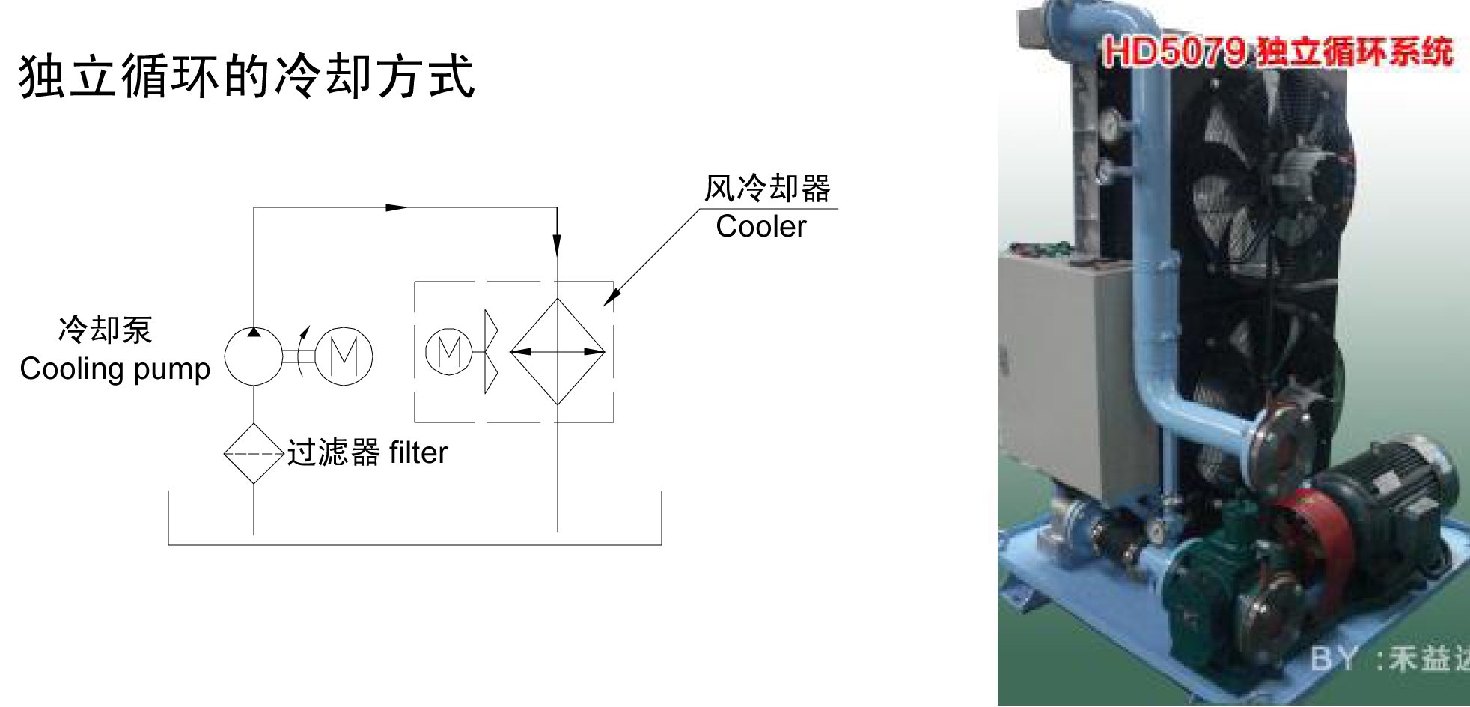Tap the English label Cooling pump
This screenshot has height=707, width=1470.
115,369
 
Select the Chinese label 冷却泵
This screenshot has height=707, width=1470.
106,330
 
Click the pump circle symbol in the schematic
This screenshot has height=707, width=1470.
254,356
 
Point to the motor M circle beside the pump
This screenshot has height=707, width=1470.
344,356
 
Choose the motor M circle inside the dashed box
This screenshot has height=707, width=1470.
448,351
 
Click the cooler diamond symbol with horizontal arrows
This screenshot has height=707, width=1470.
558,351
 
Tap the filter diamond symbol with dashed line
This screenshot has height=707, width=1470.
254,453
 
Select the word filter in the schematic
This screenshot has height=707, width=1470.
418,453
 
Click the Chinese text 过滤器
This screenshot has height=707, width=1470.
333,453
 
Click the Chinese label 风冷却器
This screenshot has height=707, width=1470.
767,189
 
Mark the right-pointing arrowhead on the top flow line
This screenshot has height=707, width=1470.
397,207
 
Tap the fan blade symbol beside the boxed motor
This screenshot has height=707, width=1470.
491,351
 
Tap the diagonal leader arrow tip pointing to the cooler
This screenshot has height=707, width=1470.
607,303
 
